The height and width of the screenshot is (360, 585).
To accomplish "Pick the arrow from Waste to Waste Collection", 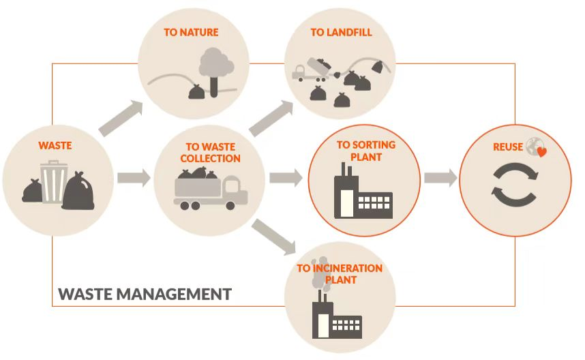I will click(133, 179).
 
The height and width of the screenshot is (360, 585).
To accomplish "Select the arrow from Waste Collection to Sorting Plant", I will click(285, 179).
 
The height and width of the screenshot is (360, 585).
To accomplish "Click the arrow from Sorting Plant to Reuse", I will click(440, 179).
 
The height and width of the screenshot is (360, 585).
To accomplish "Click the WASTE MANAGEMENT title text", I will click(145, 295).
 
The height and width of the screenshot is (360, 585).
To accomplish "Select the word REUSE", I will click(508, 147).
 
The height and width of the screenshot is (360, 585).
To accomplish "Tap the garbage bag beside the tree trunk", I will click(196, 91).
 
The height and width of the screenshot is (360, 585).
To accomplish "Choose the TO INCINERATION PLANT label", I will click(339, 273).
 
